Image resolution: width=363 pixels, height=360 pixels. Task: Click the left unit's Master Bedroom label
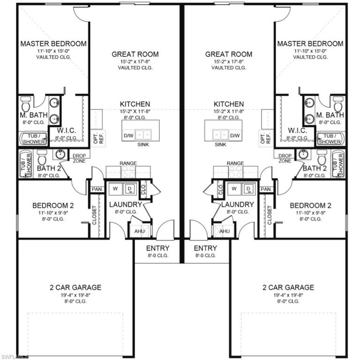53,44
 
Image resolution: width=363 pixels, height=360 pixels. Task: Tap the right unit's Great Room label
228,54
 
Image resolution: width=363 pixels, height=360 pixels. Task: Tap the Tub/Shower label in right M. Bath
329,139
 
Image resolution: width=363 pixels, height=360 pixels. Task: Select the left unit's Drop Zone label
78,158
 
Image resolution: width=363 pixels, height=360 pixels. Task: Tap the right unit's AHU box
224,231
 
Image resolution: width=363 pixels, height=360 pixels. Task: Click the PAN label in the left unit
97,189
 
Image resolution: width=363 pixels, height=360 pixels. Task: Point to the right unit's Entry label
205,248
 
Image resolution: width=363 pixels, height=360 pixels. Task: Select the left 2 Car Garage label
76,287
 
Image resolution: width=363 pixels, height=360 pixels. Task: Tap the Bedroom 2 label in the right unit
310,205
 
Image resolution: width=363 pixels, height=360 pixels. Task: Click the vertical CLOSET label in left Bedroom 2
94,215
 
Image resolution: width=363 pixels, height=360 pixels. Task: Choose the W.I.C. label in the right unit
297,130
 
